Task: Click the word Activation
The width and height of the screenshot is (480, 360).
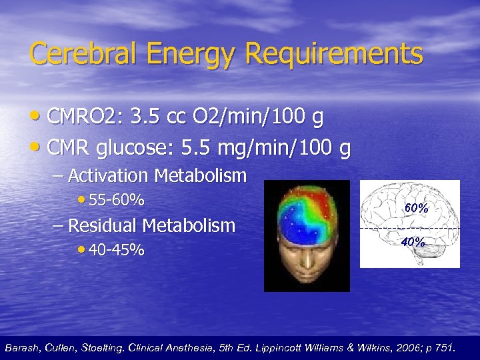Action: (x=109, y=176)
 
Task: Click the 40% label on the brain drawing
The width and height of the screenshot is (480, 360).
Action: (x=413, y=242)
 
